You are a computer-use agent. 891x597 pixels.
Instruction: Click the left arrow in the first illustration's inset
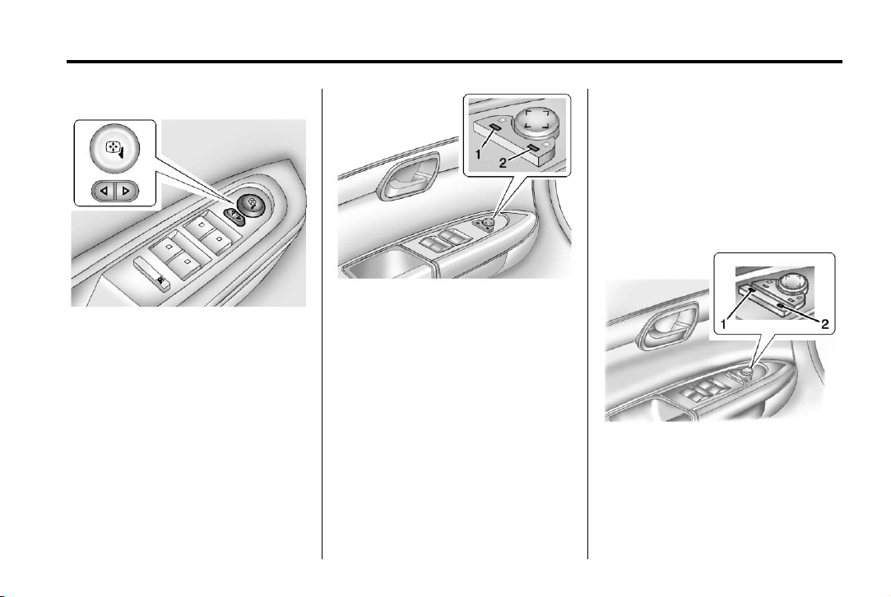coord(104,192)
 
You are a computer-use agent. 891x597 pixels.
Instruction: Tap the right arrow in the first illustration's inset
coord(126,192)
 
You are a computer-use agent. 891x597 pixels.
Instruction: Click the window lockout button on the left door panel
coord(153,268)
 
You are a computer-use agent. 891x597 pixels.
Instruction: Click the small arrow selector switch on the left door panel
coord(232,215)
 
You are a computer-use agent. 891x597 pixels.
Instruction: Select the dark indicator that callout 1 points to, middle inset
coord(496,125)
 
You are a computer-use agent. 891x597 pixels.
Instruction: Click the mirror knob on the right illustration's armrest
coord(755,379)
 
